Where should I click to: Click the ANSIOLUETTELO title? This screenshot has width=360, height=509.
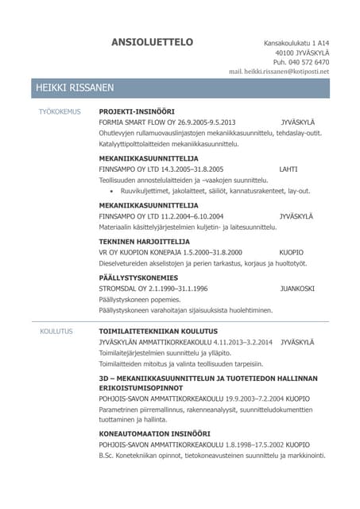pyautogui.click(x=152, y=41)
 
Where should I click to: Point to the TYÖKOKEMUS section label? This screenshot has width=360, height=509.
pyautogui.click(x=60, y=111)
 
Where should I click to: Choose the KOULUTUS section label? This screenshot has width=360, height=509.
pyautogui.click(x=56, y=330)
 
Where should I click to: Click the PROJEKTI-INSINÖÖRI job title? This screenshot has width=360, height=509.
pyautogui.click(x=136, y=111)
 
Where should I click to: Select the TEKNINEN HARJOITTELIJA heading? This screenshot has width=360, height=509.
pyautogui.click(x=144, y=241)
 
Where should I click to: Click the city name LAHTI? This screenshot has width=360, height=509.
pyautogui.click(x=288, y=169)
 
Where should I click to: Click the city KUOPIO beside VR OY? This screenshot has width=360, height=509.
pyautogui.click(x=292, y=252)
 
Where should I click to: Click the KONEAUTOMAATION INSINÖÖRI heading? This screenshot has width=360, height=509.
pyautogui.click(x=158, y=433)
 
